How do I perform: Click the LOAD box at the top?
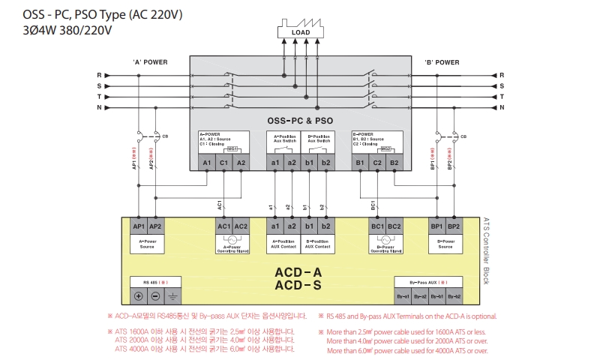pos(299,33)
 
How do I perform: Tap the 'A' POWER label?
pos(150,62)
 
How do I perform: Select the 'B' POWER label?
pos(442,62)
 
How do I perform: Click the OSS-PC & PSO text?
pos(300,120)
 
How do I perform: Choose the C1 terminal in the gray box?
pos(223,162)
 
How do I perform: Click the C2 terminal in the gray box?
pos(377,162)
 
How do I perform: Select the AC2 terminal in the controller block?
pos(240,226)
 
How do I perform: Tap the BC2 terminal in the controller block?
pos(394,226)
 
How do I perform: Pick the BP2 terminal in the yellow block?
pos(453,226)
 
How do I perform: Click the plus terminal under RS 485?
pos(139,296)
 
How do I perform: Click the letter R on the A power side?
pos(99,76)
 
